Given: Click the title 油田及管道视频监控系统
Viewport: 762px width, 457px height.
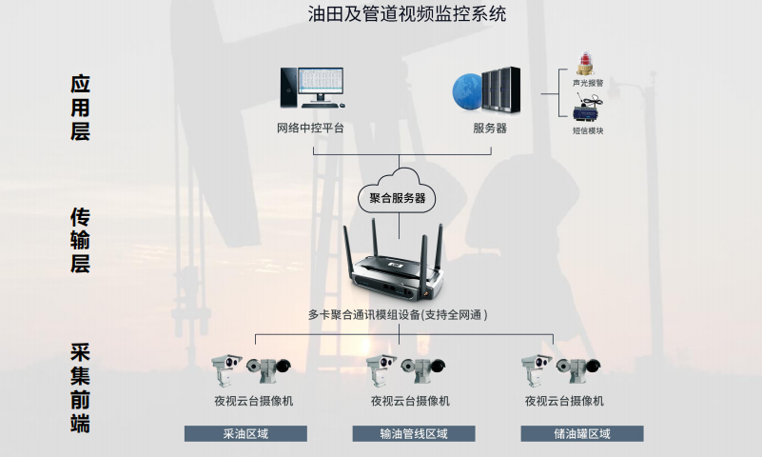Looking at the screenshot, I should (381, 14).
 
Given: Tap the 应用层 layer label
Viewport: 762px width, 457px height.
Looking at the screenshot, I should (80, 108).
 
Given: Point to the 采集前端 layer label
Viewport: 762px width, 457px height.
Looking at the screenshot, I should (80, 386).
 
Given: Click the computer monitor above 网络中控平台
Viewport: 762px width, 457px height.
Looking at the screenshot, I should (321, 86).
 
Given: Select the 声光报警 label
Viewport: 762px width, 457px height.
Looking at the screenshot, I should (587, 84).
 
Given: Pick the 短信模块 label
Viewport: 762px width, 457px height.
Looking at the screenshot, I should (587, 130).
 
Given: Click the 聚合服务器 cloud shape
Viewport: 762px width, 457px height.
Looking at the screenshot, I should (398, 195).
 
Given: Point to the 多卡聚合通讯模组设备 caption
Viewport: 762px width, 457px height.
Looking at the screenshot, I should (398, 314).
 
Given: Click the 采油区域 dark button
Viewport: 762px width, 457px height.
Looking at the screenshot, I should (245, 434).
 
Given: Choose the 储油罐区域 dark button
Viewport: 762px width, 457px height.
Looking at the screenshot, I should (582, 434).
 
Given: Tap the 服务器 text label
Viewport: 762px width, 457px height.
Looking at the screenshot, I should (490, 128).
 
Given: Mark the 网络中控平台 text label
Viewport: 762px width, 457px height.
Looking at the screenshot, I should (310, 128).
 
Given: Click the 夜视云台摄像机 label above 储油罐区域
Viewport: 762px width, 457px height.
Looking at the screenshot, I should (564, 401).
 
